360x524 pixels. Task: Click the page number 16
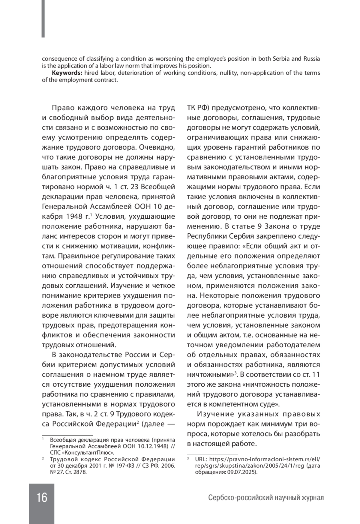[x=42, y=498]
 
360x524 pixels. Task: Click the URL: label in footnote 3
[x=200, y=459]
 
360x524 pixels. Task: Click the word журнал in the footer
[x=312, y=498]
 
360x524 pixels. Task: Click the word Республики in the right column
[x=205, y=237]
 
